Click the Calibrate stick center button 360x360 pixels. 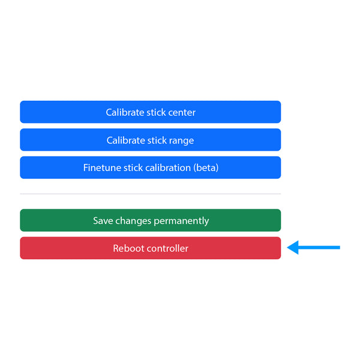click(x=151, y=112)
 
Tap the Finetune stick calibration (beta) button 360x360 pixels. click(x=151, y=167)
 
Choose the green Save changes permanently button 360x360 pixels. click(x=151, y=220)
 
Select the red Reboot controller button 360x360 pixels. click(x=151, y=248)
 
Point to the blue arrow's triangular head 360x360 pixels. click(x=293, y=247)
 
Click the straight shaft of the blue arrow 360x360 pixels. click(x=319, y=247)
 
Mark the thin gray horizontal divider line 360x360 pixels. click(x=151, y=194)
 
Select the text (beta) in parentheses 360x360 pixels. click(x=206, y=168)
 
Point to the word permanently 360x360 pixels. click(x=181, y=221)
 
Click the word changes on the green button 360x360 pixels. click(x=133, y=221)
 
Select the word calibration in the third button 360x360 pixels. click(x=168, y=168)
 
